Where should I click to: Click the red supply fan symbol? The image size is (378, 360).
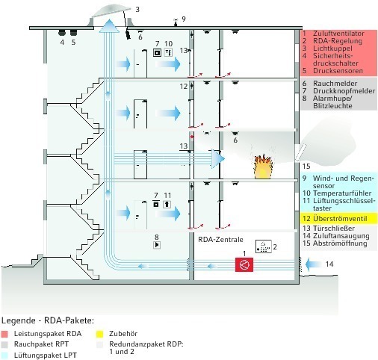pyautogui.click(x=244, y=264)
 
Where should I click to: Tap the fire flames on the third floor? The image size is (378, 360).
pyautogui.click(x=263, y=167)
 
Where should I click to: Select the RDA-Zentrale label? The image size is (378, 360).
pyautogui.click(x=220, y=240)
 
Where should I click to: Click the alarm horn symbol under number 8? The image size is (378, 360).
pyautogui.click(x=157, y=245)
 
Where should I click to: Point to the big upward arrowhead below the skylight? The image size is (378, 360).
pyautogui.click(x=109, y=26)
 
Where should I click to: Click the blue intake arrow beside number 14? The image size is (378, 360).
pyautogui.click(x=312, y=264)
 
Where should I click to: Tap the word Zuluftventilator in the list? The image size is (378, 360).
pyautogui.click(x=338, y=34)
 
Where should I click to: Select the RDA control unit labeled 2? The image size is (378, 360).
pyautogui.click(x=264, y=246)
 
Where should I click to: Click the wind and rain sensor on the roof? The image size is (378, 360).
pyautogui.click(x=176, y=22)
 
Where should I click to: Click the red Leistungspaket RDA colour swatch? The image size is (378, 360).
pyautogui.click(x=4, y=334)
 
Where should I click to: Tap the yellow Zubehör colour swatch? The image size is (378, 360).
pyautogui.click(x=99, y=334)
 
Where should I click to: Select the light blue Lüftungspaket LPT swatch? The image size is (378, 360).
pyautogui.click(x=4, y=356)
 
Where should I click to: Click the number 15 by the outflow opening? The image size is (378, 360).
pyautogui.click(x=306, y=166)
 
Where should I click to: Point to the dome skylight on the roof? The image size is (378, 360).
pyautogui.click(x=111, y=13)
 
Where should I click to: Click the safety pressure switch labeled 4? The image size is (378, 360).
pyautogui.click(x=61, y=33)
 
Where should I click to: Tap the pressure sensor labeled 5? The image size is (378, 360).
pyautogui.click(x=73, y=33)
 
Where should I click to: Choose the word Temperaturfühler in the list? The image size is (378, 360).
pyautogui.click(x=342, y=193)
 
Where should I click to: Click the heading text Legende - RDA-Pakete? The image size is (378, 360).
pyautogui.click(x=48, y=320)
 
